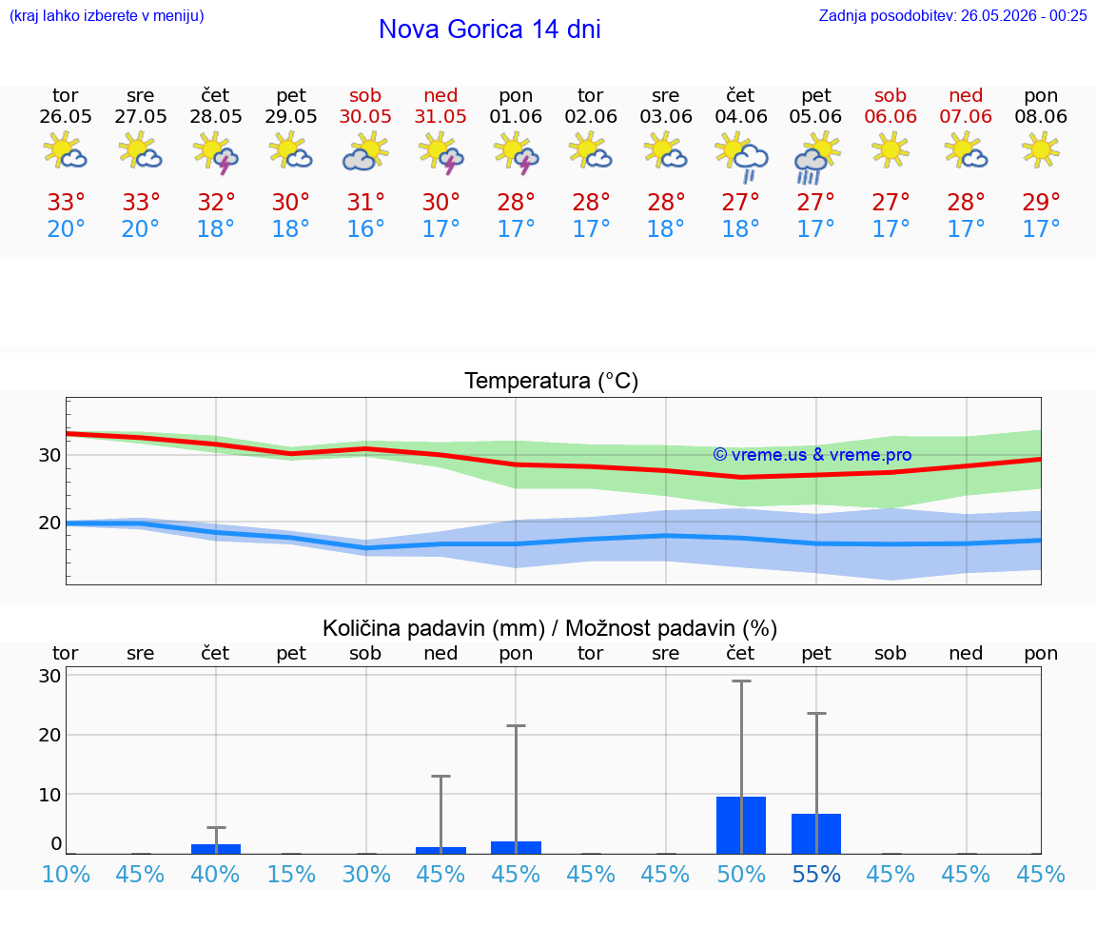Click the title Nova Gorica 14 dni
489,30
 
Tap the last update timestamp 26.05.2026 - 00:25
1024,15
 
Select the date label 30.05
365,116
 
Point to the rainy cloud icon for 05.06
815,158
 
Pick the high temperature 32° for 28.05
216,202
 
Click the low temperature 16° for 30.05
365,228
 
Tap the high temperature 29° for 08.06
1041,202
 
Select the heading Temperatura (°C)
552,381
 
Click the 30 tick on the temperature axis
49,455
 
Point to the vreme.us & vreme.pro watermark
812,455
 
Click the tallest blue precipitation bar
741,825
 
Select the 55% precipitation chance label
815,874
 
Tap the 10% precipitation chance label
66,874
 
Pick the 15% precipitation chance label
291,874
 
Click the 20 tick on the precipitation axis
49,735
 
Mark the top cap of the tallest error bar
741,681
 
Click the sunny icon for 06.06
890,149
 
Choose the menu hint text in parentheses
107,15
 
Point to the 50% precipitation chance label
741,874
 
